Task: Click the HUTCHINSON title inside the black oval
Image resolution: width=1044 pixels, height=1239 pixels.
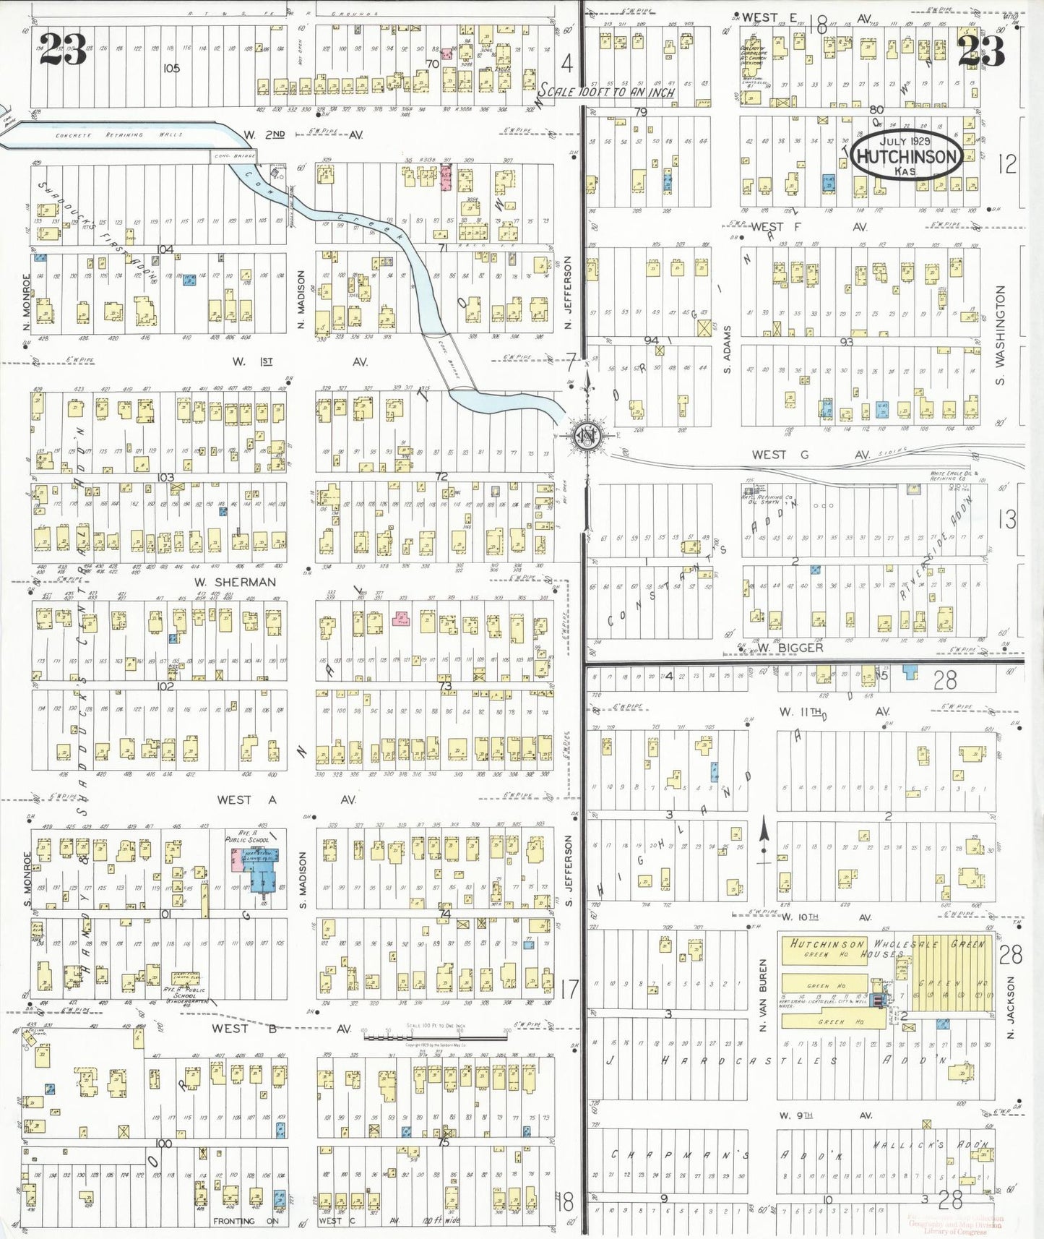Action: click(907, 157)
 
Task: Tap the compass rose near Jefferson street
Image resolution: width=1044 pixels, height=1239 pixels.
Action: click(585, 436)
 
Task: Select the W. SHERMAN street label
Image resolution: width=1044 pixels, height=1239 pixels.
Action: click(235, 582)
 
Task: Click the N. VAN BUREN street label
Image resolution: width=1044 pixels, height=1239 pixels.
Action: click(762, 995)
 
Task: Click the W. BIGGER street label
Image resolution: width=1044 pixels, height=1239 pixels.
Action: click(790, 647)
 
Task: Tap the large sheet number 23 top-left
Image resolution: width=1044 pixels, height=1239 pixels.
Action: click(64, 49)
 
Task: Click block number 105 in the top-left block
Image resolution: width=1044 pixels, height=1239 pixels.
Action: click(171, 69)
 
